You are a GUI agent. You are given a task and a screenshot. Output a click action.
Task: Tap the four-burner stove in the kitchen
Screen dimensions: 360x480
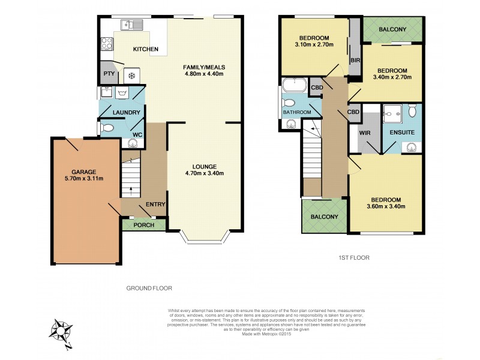107,44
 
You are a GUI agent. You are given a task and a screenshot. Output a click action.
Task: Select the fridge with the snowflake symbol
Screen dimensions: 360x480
131,76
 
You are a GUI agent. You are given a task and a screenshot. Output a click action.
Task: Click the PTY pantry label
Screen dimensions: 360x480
109,74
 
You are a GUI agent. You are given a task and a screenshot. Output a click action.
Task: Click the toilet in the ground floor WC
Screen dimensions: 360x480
107,127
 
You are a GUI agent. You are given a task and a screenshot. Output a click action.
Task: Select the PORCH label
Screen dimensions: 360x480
144,226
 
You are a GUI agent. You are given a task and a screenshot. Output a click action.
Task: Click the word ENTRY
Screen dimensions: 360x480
155,205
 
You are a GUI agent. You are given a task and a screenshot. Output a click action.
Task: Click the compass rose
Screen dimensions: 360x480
62,332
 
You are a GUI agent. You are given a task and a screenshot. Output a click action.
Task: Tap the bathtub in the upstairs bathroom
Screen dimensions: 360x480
294,84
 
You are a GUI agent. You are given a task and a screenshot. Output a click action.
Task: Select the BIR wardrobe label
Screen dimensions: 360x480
354,61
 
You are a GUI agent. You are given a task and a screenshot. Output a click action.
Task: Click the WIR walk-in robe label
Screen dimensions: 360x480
364,132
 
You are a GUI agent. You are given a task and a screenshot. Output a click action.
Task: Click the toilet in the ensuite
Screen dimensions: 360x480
412,112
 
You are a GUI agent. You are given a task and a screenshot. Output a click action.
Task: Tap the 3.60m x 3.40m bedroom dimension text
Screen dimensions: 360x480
385,207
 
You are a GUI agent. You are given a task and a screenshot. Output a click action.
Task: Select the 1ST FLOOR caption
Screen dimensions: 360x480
353,257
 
